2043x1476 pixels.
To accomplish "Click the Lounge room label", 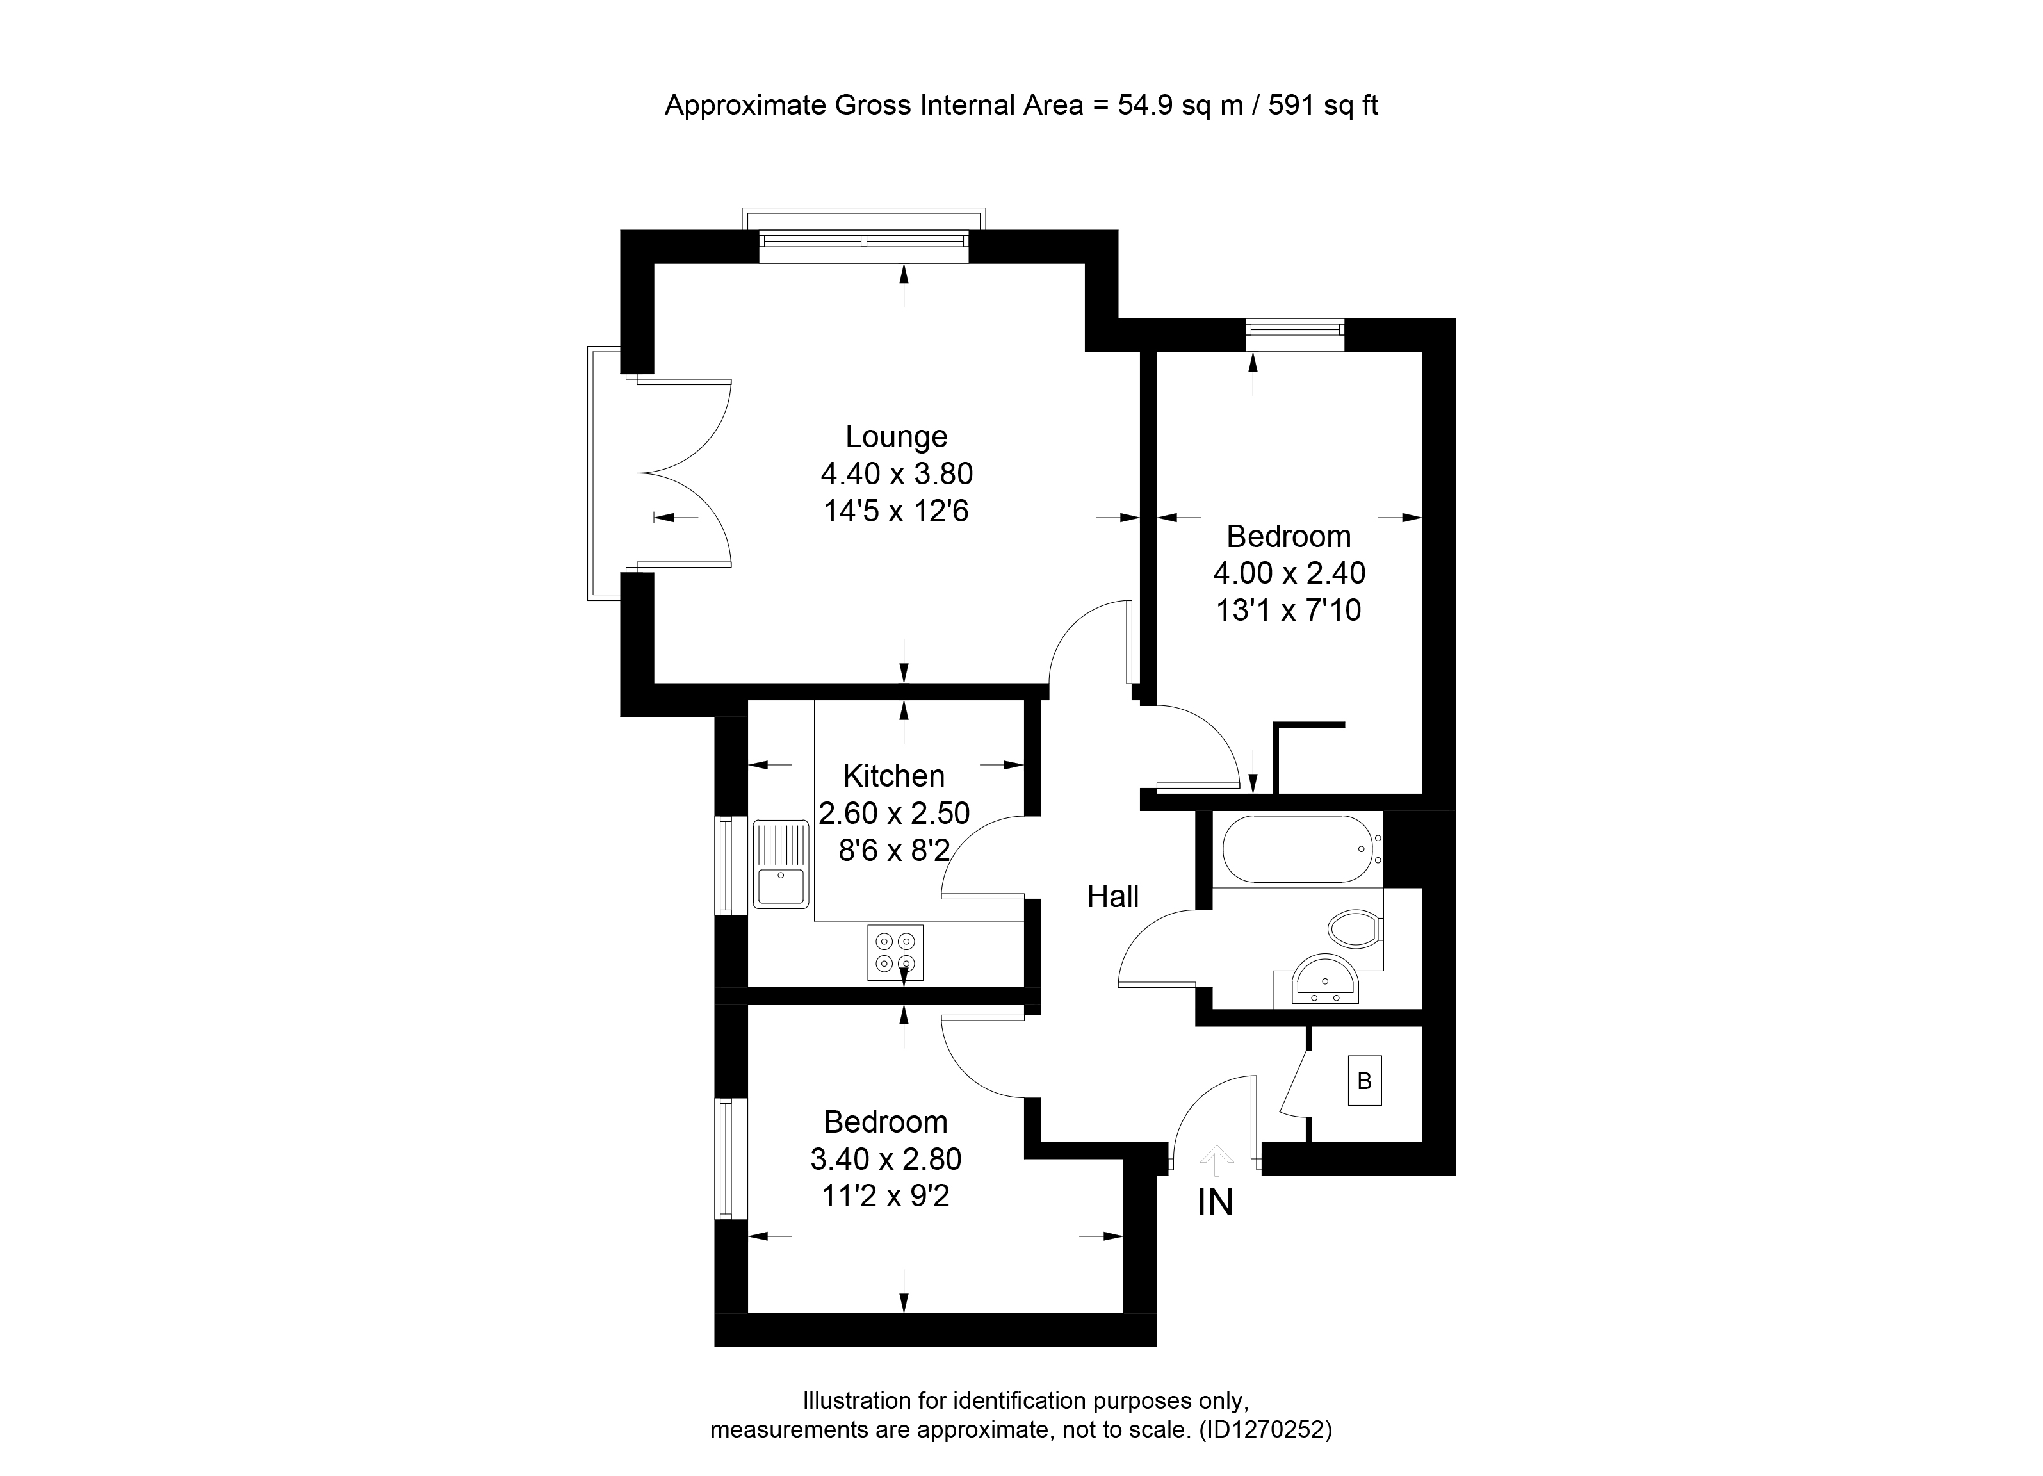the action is coord(896,437).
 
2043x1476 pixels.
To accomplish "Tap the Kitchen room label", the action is coord(893,776).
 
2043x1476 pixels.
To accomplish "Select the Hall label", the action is coord(1113,897).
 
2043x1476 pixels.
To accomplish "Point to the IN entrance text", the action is coord(1215,1203).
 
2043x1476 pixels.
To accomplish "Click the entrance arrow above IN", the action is coord(1217,1161).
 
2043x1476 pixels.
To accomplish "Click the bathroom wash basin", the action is coord(1325,980).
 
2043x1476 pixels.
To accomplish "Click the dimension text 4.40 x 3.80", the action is coord(896,474).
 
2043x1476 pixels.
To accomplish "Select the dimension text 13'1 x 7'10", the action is coord(1288,611).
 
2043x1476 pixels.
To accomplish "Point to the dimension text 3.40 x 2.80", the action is coord(886,1159).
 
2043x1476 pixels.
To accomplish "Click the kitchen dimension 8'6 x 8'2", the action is coord(893,849).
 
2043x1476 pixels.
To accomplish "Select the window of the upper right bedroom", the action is coord(1294,335).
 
